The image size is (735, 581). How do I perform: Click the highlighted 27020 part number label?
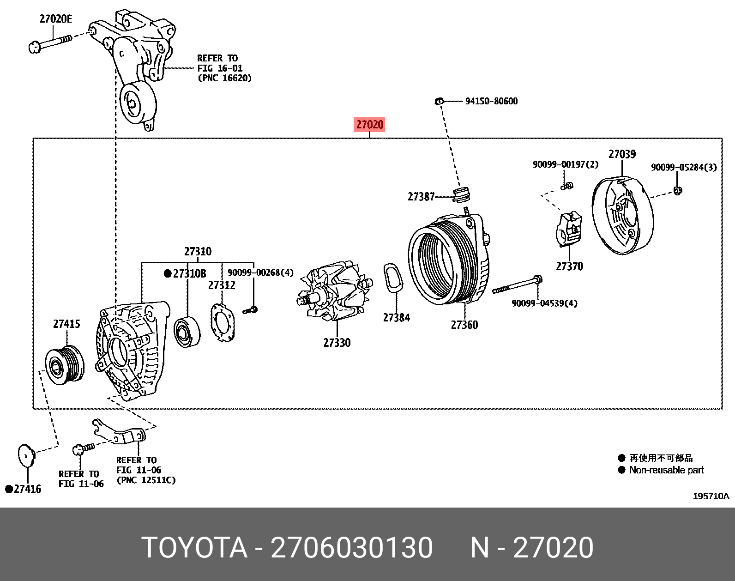(369, 124)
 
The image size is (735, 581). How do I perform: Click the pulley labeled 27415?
(65, 363)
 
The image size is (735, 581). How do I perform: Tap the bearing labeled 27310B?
(187, 332)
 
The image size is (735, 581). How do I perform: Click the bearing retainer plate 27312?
(223, 323)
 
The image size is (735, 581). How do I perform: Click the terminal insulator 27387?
(460, 194)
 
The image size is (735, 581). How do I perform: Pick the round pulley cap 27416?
(26, 456)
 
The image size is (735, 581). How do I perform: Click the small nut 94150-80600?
(439, 101)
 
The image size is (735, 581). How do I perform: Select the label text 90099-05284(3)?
(684, 167)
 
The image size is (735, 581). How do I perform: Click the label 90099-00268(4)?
(260, 273)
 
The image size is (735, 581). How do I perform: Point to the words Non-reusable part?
(666, 470)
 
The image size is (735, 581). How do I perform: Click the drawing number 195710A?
(711, 496)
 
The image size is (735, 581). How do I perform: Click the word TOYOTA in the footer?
(194, 548)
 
